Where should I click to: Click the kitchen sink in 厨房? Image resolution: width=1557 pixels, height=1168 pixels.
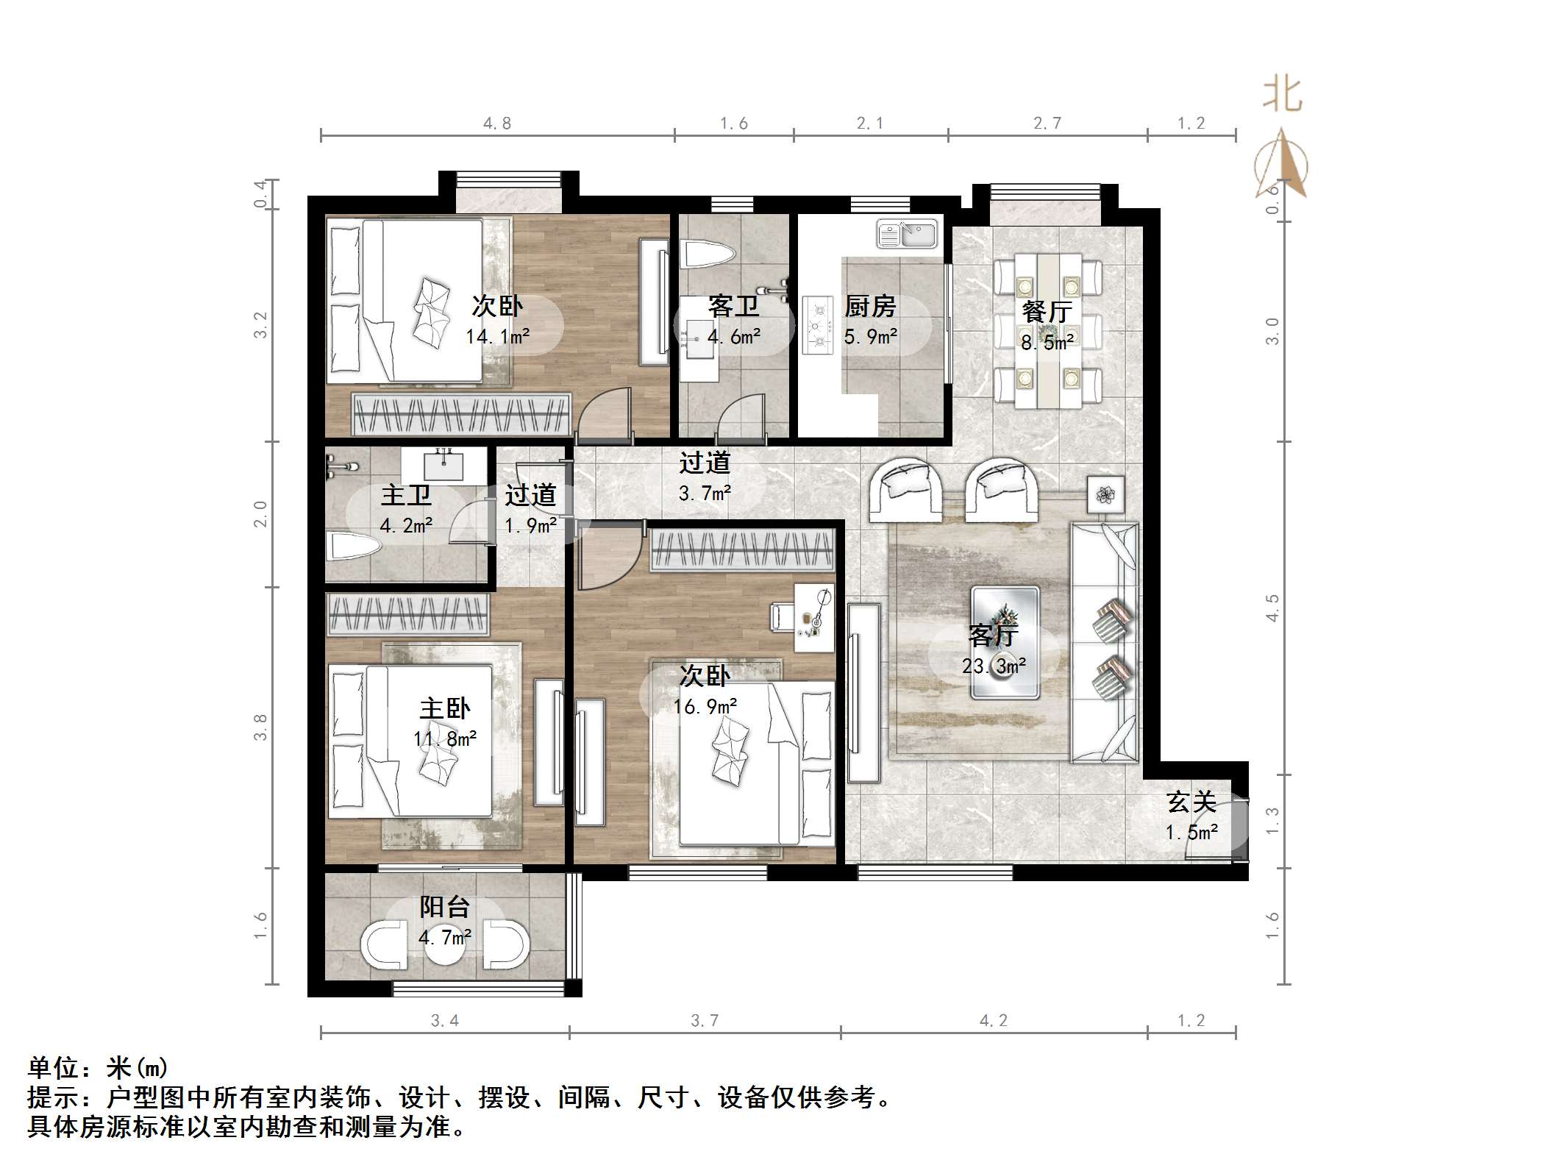click(907, 234)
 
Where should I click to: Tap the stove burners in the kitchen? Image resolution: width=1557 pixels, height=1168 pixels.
click(816, 324)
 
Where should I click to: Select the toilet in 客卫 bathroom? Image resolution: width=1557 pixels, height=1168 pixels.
click(708, 255)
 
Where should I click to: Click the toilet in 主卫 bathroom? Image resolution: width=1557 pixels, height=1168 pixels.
click(353, 546)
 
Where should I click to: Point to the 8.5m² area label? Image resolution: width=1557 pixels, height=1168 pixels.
click(1047, 342)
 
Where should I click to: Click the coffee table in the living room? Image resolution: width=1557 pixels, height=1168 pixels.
click(1005, 642)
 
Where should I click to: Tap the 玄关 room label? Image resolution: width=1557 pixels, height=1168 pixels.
click(1191, 802)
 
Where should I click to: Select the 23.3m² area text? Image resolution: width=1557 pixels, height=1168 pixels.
click(994, 666)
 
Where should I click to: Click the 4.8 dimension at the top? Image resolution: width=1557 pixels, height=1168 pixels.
click(497, 124)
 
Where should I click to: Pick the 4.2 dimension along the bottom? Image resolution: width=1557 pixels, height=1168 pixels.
click(993, 1020)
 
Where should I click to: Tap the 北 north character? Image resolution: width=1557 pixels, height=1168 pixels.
click(1283, 96)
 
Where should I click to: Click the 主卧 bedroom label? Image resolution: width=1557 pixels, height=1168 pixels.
click(444, 708)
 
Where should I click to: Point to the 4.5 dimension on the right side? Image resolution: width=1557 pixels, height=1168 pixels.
click(1272, 608)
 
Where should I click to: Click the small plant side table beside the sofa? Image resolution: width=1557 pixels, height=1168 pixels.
click(1105, 495)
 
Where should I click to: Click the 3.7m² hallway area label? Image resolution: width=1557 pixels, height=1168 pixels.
click(704, 493)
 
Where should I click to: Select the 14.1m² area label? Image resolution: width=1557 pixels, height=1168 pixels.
click(497, 337)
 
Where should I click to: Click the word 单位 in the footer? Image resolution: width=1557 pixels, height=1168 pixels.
click(53, 1067)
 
